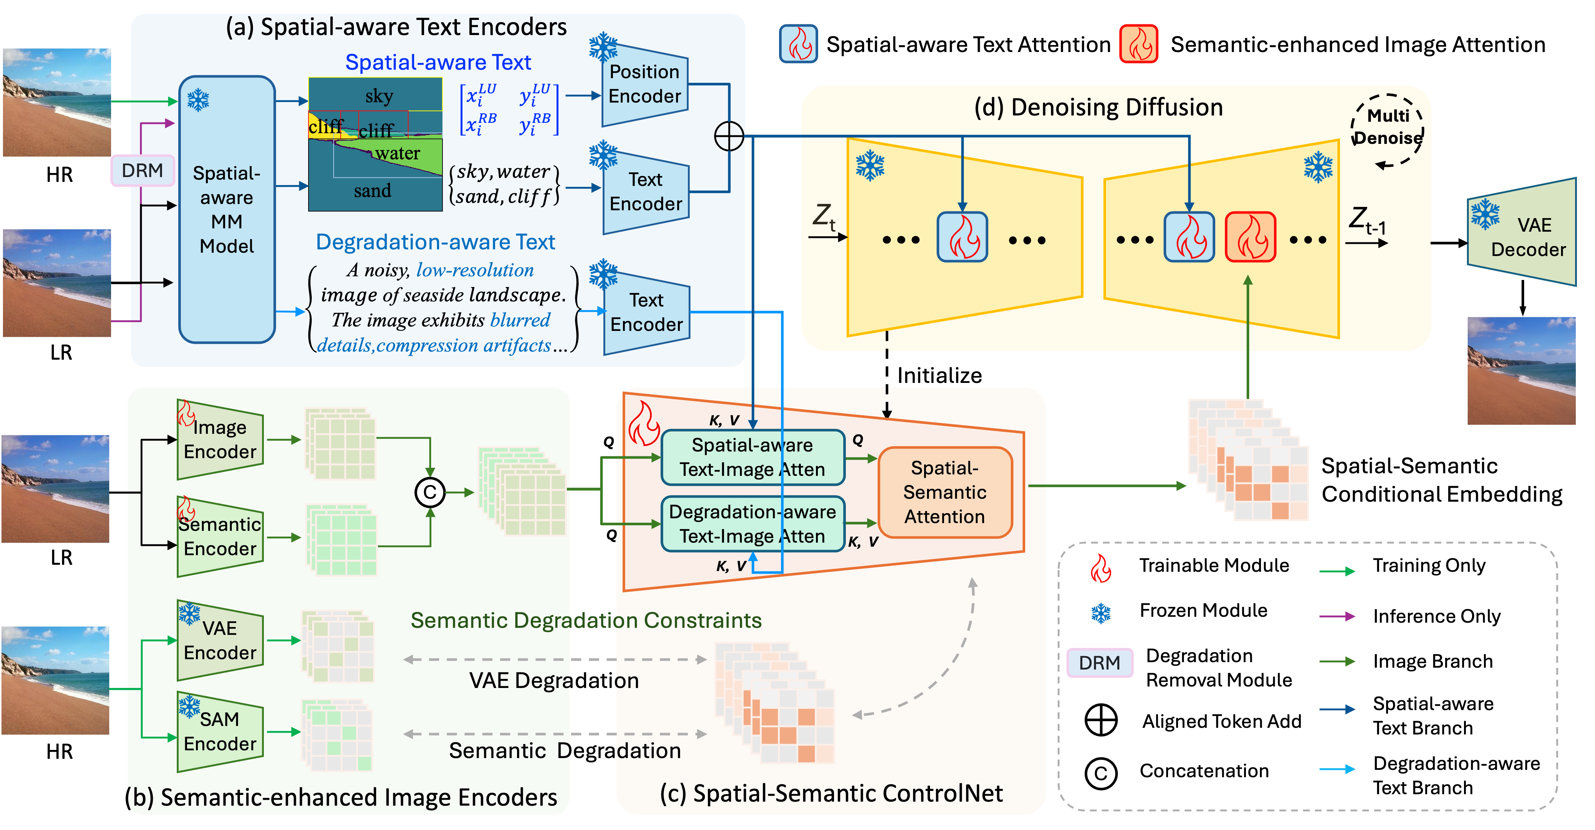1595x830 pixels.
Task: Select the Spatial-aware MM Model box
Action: pyautogui.click(x=227, y=209)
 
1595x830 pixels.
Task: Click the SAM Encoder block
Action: pyautogui.click(x=220, y=732)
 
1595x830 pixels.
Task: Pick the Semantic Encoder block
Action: pyautogui.click(x=220, y=536)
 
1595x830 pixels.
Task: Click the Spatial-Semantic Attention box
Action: pyautogui.click(x=944, y=492)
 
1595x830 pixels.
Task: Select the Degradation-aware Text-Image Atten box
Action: pyautogui.click(x=752, y=523)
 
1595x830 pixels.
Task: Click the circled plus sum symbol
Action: pyautogui.click(x=729, y=136)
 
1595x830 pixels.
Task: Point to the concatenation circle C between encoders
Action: pyautogui.click(x=430, y=493)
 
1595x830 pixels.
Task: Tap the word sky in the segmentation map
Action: pyautogui.click(x=379, y=96)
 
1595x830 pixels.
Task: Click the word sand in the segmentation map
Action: pyautogui.click(x=372, y=191)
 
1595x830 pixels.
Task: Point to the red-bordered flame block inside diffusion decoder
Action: pyautogui.click(x=1250, y=237)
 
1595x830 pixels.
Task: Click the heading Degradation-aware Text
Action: pyautogui.click(x=435, y=242)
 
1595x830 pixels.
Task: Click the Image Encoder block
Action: pyautogui.click(x=220, y=439)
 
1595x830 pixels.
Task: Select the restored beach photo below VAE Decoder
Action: pyautogui.click(x=1521, y=371)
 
